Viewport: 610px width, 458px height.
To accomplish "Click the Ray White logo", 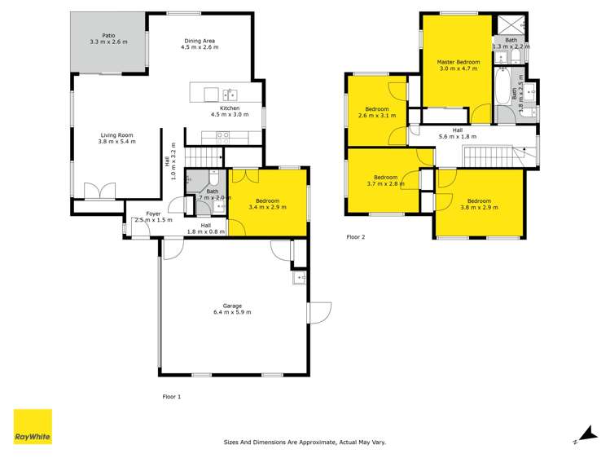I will (x=33, y=427).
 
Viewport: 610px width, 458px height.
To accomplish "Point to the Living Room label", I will (x=116, y=135).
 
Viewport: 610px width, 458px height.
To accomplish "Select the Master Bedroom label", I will (x=458, y=62).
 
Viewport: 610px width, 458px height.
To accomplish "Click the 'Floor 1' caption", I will (x=171, y=396).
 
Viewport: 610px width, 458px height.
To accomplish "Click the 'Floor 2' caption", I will (x=356, y=237).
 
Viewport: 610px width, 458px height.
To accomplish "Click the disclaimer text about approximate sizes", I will (x=305, y=443).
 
